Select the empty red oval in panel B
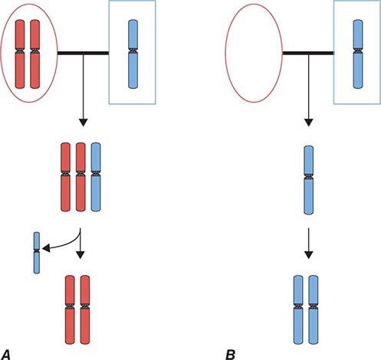[x=253, y=52]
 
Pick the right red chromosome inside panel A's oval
[x=35, y=51]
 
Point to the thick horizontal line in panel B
[x=307, y=53]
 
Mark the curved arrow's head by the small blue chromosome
[x=43, y=247]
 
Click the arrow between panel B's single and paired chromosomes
[x=307, y=241]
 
